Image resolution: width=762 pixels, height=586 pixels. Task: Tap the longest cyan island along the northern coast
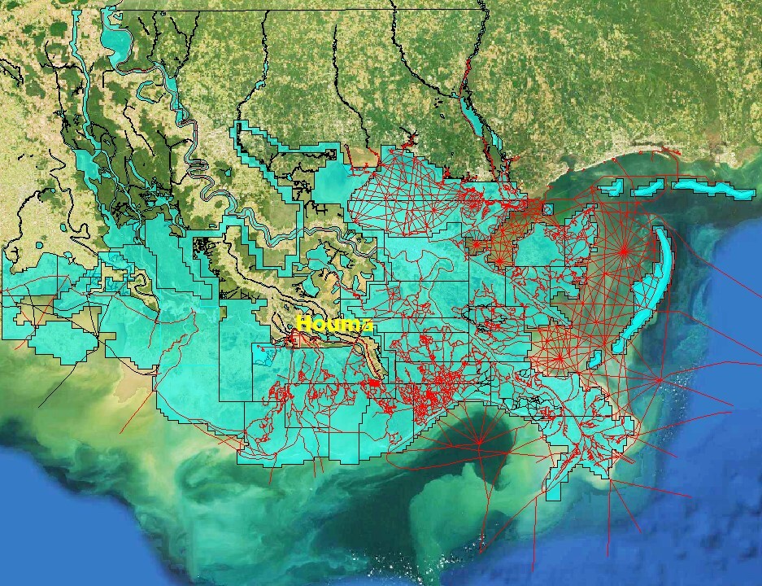pyautogui.click(x=714, y=190)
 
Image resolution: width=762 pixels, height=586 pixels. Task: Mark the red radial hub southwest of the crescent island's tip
pyautogui.click(x=560, y=355)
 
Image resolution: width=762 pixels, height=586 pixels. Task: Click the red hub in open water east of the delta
pyautogui.click(x=658, y=379)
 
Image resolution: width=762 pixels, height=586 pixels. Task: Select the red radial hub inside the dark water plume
pyautogui.click(x=479, y=442)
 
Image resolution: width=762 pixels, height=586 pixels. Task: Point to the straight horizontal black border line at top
pyautogui.click(x=293, y=10)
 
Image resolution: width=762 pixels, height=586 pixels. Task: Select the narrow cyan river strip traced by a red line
pyautogui.click(x=469, y=113)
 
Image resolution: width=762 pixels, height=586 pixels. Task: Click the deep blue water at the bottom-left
pyautogui.click(x=49, y=521)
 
